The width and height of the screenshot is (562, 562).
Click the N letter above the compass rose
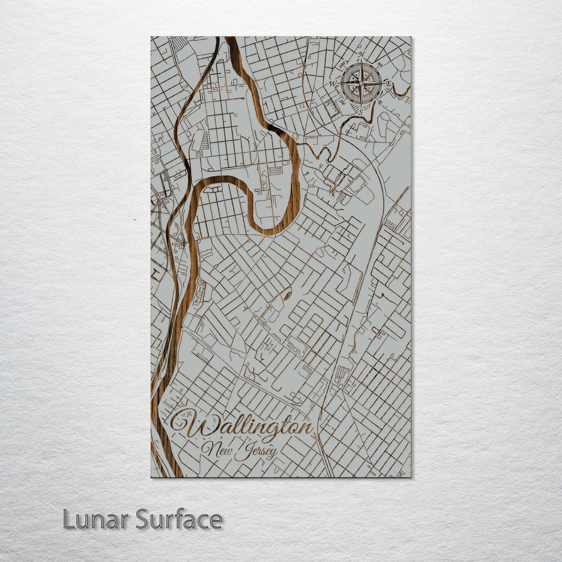(361, 55)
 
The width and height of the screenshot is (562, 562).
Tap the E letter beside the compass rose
(388, 83)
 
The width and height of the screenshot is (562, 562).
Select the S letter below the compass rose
(360, 111)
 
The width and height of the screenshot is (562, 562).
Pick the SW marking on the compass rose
(342, 102)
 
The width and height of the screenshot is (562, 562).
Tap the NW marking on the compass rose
(342, 65)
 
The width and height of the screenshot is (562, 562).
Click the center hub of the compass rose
(361, 83)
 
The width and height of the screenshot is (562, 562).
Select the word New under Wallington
(217, 450)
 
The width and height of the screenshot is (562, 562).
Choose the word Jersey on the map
(256, 452)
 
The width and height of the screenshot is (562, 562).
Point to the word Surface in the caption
(179, 519)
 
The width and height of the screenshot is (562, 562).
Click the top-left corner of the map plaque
(151, 37)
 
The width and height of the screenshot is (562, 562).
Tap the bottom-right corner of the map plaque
(410, 477)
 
